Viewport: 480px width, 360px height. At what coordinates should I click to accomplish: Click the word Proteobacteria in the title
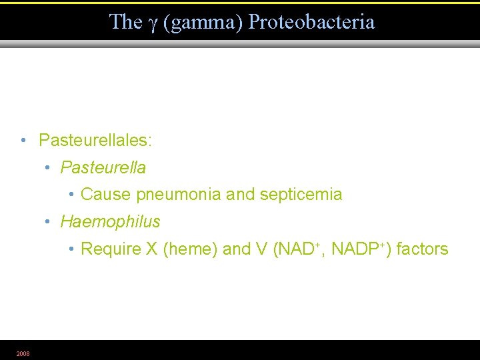312,21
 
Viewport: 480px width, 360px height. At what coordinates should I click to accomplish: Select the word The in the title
125,21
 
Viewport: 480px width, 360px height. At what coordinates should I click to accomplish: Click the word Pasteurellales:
95,140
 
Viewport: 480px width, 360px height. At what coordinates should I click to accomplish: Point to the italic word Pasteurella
103,167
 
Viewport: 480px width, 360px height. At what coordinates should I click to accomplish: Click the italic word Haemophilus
110,221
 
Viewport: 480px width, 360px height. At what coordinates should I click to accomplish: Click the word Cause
106,195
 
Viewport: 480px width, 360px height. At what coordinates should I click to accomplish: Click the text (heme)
189,249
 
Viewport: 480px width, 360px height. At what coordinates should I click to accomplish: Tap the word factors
423,249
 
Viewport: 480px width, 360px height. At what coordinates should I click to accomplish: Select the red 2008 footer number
23,353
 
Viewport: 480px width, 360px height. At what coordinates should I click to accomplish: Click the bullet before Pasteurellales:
23,141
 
